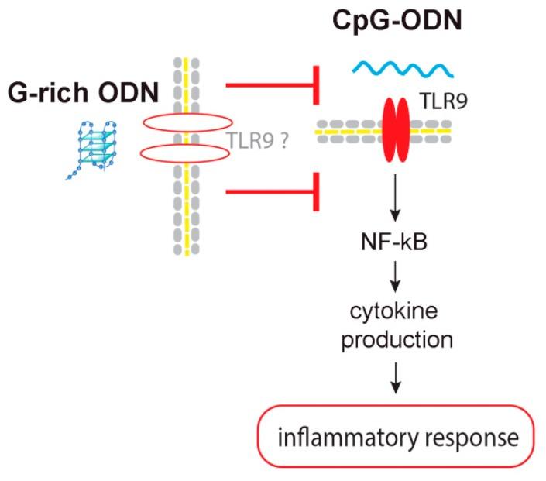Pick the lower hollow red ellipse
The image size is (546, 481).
coord(187,154)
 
